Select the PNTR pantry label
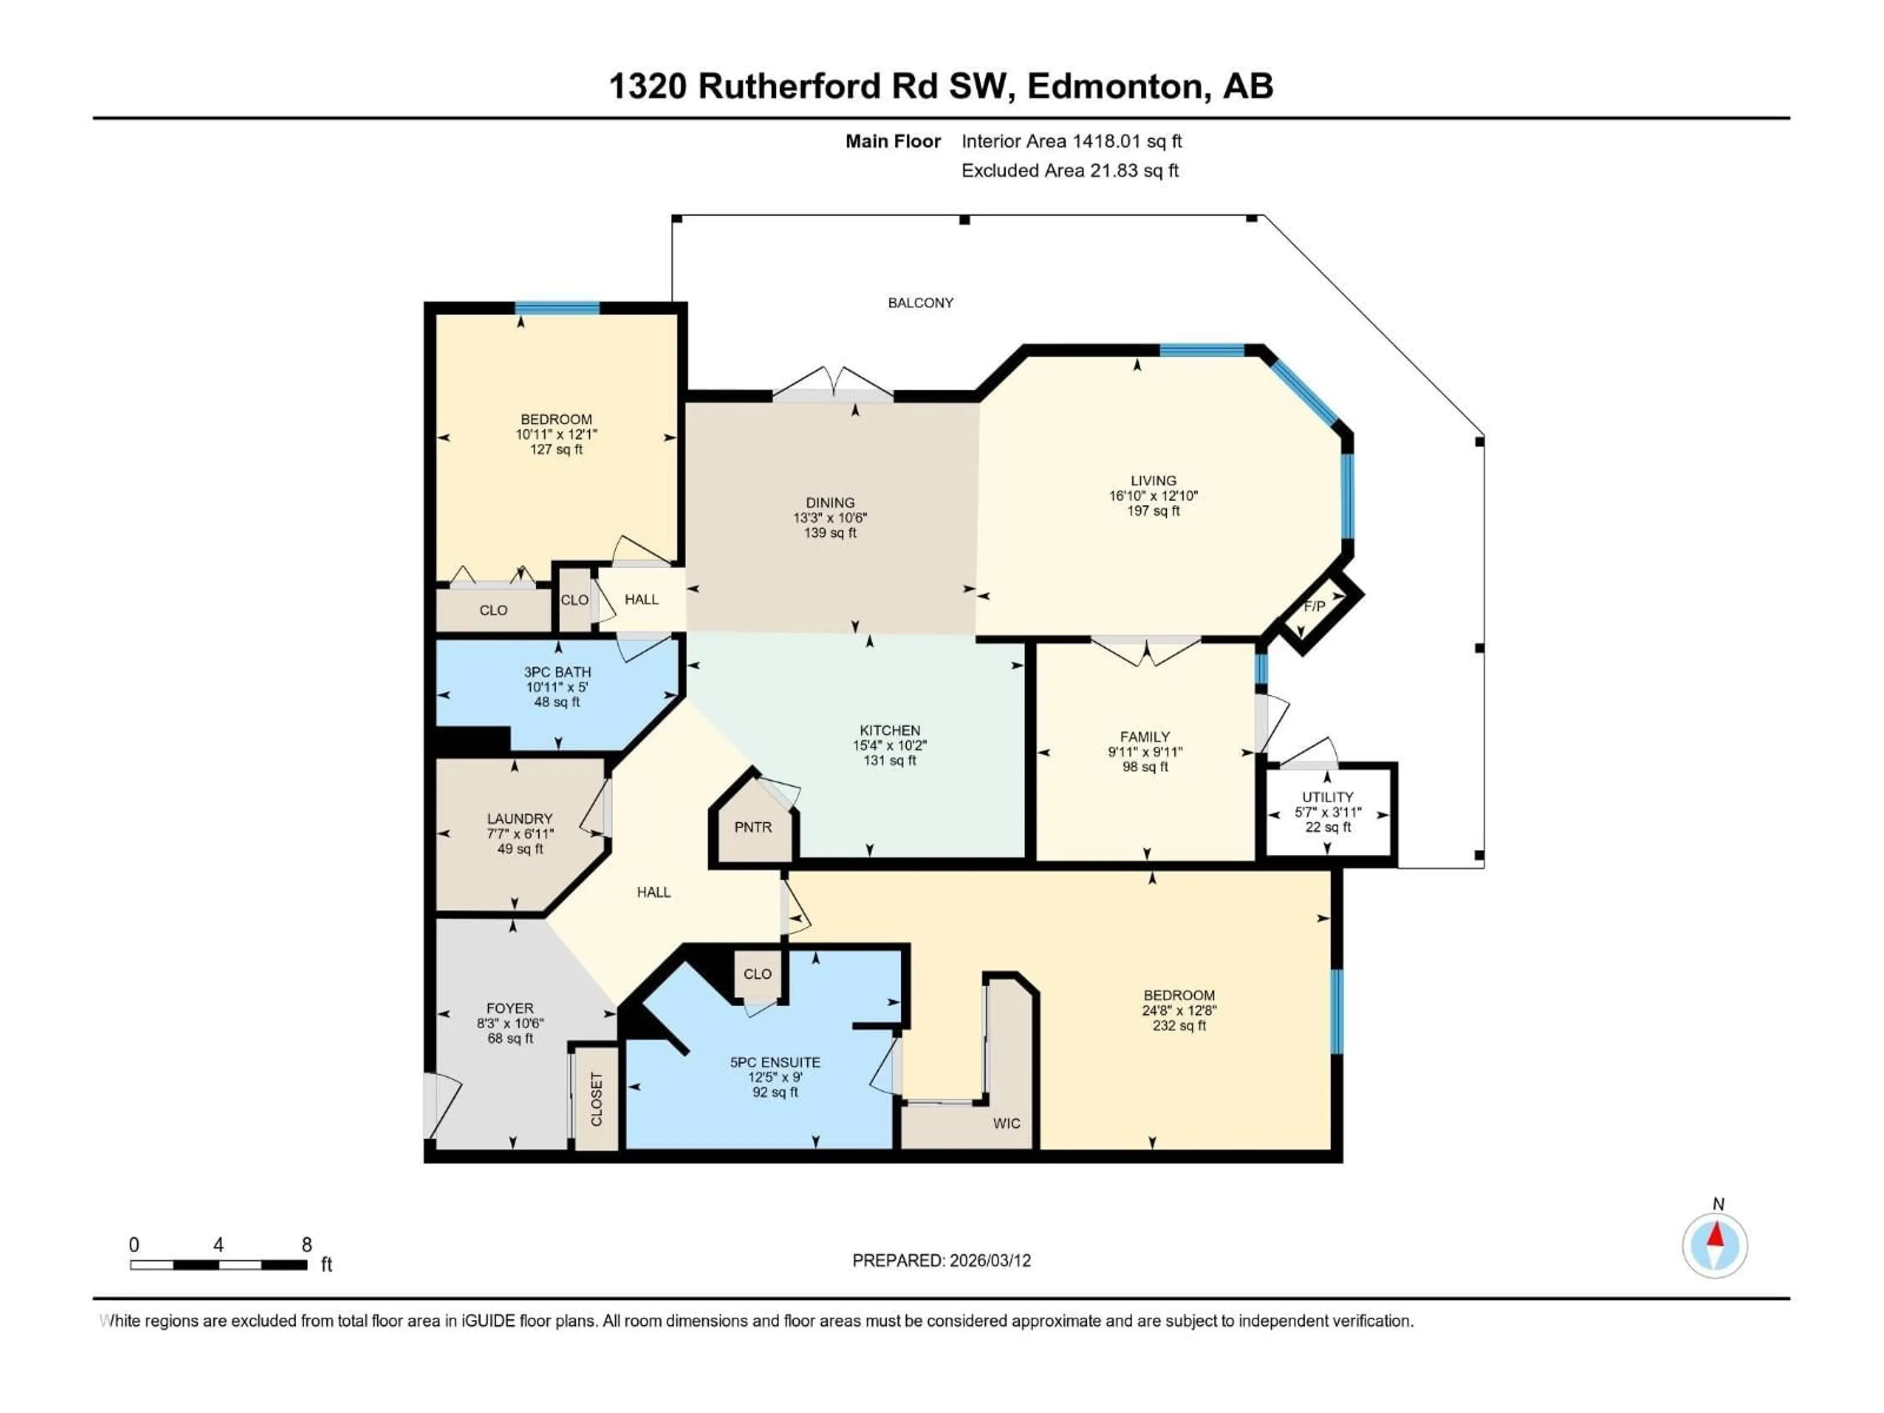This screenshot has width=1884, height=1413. click(x=753, y=827)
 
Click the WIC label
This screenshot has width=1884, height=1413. click(x=1006, y=1124)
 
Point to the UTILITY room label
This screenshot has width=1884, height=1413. click(x=1327, y=797)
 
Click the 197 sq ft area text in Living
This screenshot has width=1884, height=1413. click(x=1153, y=511)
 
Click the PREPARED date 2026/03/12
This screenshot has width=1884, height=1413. click(x=988, y=1260)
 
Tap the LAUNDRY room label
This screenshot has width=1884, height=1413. click(x=520, y=818)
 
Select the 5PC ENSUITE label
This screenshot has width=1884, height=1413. click(x=775, y=1062)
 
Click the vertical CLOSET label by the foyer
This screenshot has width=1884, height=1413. click(x=596, y=1099)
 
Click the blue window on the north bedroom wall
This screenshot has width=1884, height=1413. click(x=557, y=308)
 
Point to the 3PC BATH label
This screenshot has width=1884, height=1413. click(x=557, y=672)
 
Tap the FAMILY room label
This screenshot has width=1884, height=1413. click(x=1145, y=737)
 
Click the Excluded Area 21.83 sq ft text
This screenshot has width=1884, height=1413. click(x=1070, y=170)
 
